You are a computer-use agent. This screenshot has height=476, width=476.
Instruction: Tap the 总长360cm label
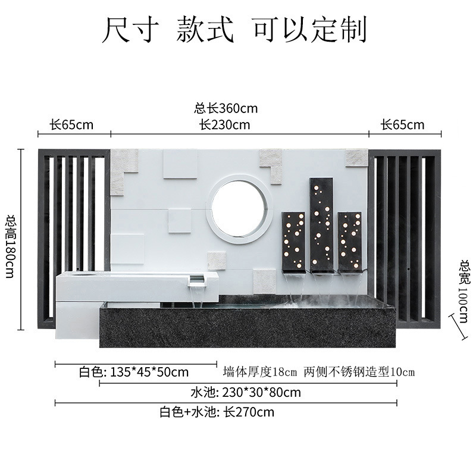[x=226, y=109]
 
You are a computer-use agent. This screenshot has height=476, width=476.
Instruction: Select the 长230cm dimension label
[x=224, y=125]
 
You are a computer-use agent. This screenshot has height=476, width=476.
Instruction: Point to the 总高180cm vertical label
[x=10, y=239]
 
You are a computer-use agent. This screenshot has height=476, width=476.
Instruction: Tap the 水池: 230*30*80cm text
[x=245, y=393]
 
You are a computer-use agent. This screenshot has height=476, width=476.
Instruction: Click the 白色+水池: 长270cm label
[x=217, y=412]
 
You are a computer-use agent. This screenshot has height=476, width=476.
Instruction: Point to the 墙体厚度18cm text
[x=259, y=372]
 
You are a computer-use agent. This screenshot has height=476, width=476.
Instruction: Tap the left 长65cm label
[x=71, y=125]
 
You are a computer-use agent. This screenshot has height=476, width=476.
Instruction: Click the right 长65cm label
[x=403, y=125]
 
